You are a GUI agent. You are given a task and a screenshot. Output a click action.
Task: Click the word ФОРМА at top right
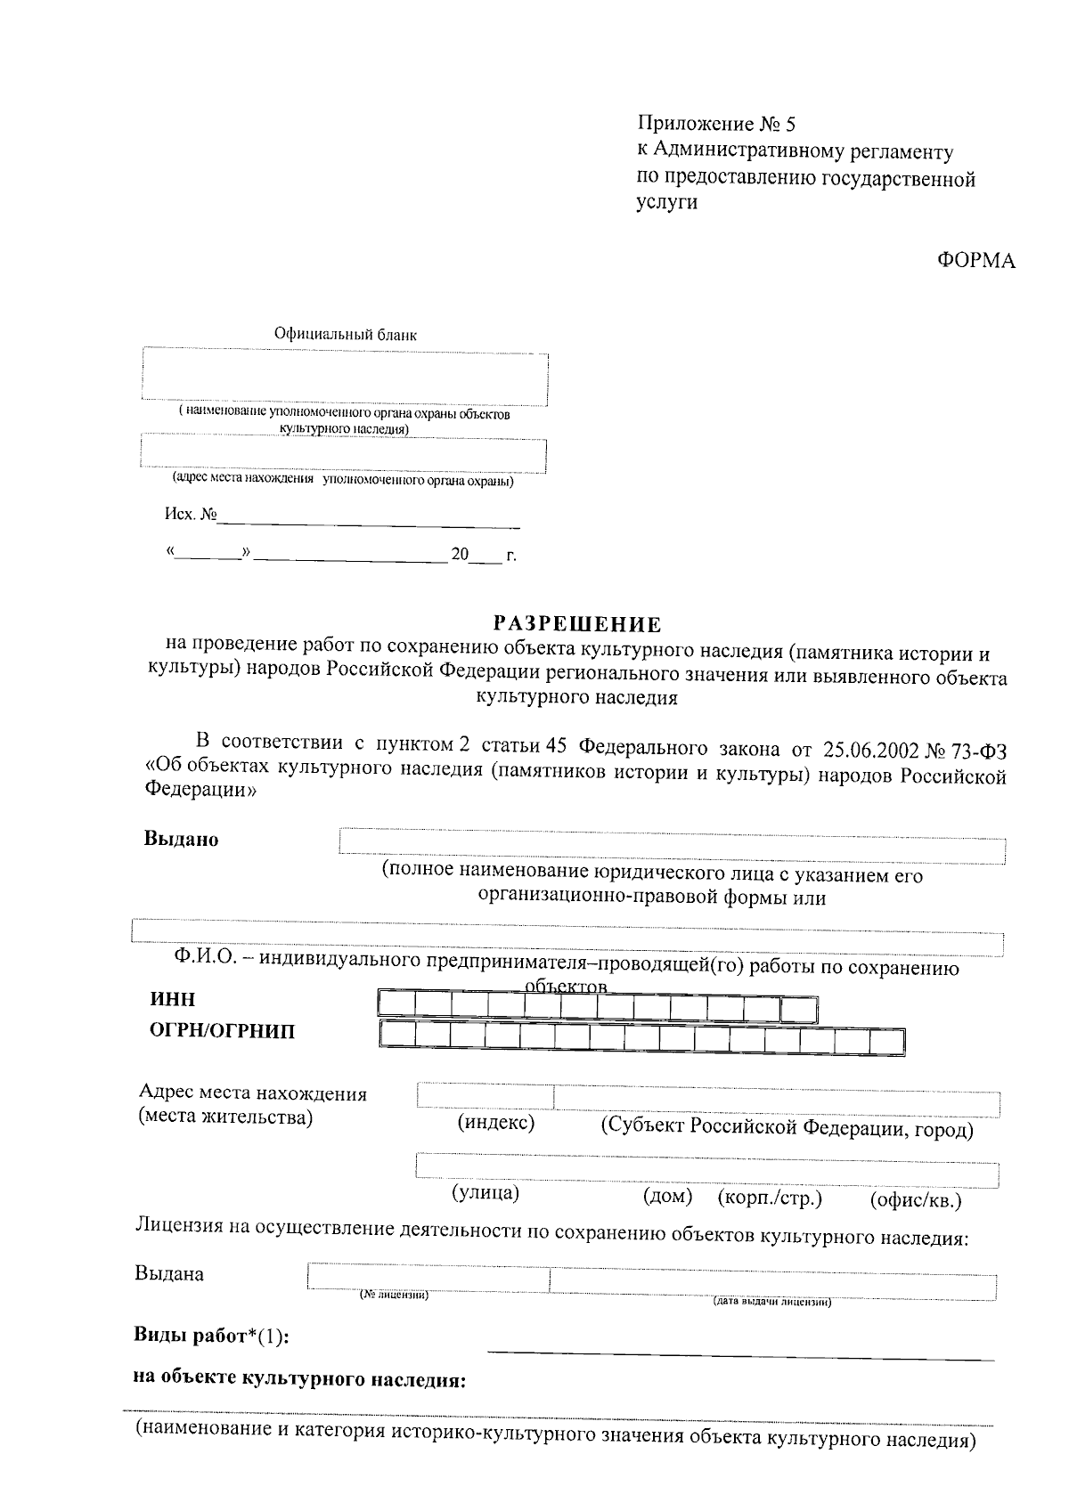pos(976,261)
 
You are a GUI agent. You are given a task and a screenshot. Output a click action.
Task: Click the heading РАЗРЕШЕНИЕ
pos(578,624)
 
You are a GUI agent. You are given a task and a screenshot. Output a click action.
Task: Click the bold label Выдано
pos(182,839)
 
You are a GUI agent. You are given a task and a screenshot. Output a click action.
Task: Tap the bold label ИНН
pos(173,999)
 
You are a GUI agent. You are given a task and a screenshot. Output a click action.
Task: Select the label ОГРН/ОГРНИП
pos(222,1032)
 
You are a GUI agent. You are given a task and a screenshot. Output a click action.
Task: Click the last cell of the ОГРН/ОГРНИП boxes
pos(887,1039)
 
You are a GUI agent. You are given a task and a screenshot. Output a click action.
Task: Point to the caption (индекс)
pos(496,1123)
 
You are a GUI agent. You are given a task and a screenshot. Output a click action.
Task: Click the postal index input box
pos(486,1098)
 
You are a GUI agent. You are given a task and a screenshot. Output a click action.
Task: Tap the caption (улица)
pos(485,1192)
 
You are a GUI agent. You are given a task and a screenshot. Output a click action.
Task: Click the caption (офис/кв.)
pos(916,1199)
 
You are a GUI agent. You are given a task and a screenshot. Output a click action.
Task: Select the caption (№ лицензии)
pos(394,1294)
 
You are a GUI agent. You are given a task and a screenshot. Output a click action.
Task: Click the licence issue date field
pos(772,1282)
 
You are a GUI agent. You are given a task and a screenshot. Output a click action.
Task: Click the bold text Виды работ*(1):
pos(211,1336)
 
